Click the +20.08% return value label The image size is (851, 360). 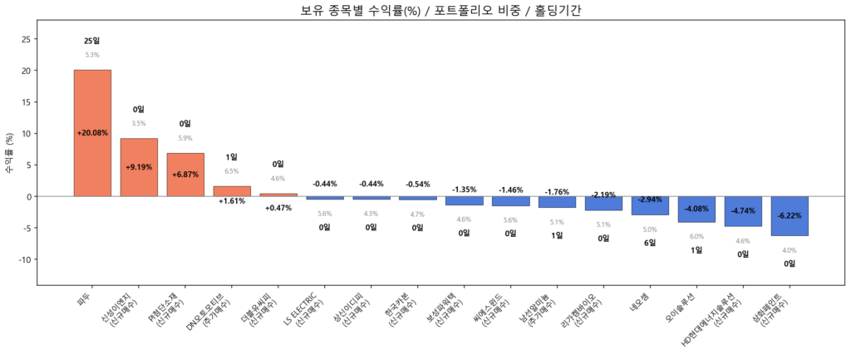(x=92, y=133)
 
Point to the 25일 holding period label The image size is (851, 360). (x=91, y=41)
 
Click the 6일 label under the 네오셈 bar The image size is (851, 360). (x=650, y=243)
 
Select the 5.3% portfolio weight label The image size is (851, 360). (x=91, y=55)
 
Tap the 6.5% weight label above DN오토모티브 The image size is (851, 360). (x=232, y=171)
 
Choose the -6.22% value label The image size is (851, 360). (x=790, y=215)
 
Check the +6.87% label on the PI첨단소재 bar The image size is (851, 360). (x=185, y=175)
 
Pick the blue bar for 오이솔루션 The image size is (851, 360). (x=696, y=210)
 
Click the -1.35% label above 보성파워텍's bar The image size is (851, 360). (x=464, y=190)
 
